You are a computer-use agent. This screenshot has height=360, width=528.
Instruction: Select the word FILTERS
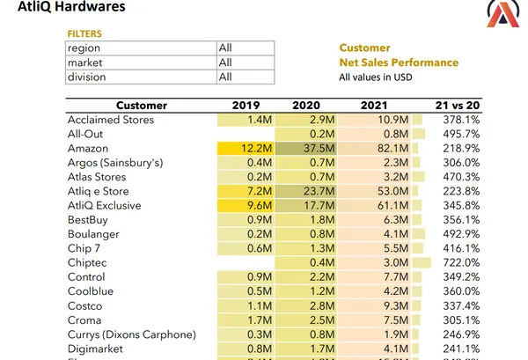coord(84,34)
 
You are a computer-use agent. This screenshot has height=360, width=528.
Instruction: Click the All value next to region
coord(225,48)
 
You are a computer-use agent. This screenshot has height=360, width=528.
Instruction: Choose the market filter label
coord(86,62)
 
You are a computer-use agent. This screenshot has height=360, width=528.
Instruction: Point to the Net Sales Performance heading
coord(399,62)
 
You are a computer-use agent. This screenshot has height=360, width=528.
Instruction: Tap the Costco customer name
coord(85,305)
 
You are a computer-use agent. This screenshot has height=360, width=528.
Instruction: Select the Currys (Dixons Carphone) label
coord(130,334)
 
